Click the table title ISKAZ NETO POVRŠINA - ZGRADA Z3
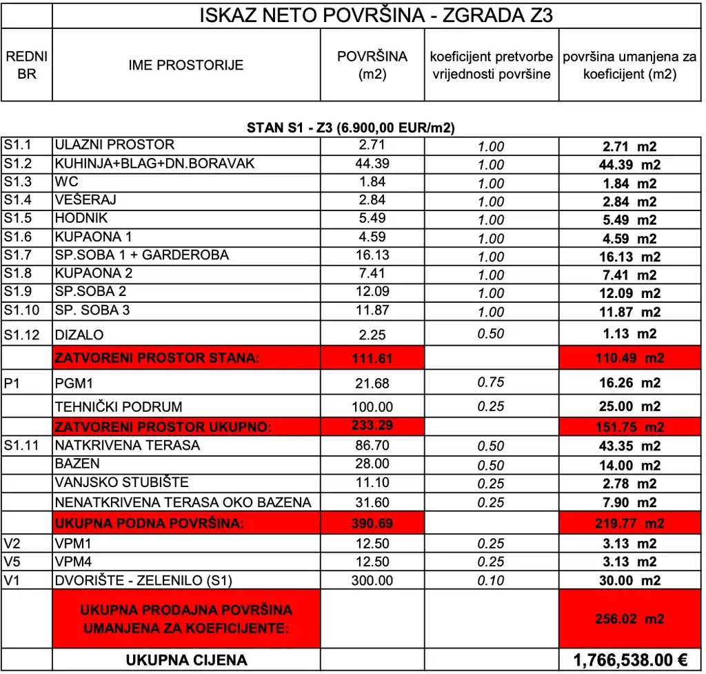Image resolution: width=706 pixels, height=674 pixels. click(376, 15)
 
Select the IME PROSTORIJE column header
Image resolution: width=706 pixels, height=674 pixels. click(186, 66)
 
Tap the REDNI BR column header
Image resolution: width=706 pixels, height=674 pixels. click(26, 66)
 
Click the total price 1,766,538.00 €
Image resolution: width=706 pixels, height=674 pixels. click(629, 660)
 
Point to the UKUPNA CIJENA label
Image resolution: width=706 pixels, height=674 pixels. click(186, 660)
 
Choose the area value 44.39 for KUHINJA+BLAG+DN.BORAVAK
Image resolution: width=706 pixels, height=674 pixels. click(372, 163)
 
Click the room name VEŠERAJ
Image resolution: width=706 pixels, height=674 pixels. click(85, 200)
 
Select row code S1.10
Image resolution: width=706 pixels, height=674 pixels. click(21, 310)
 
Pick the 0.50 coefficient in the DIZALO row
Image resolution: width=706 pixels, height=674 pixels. click(491, 334)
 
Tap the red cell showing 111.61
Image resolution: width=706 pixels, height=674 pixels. click(372, 358)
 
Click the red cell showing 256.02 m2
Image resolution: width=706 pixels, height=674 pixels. click(629, 619)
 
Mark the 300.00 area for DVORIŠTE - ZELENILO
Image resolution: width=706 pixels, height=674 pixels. click(372, 580)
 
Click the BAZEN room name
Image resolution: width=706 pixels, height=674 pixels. click(77, 464)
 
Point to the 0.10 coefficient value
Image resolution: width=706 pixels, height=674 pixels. click(491, 580)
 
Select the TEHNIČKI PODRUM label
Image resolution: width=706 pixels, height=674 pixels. click(119, 407)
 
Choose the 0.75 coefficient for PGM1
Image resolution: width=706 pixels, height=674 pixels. click(491, 382)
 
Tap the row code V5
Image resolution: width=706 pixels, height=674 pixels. click(13, 562)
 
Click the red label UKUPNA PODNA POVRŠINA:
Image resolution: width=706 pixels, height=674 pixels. click(150, 524)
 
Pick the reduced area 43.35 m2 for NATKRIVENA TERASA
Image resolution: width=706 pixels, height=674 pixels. click(629, 446)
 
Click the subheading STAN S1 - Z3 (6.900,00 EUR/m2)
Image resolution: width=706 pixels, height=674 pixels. click(351, 128)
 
